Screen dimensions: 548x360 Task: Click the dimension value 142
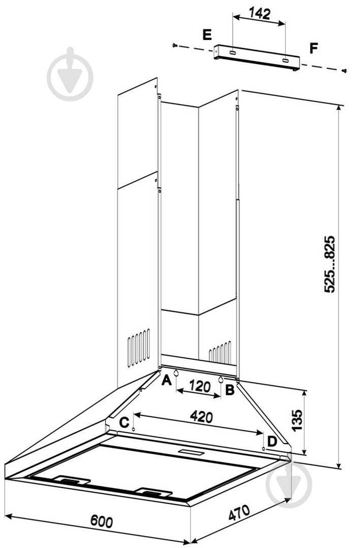(260, 14)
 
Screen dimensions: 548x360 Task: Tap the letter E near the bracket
(207, 35)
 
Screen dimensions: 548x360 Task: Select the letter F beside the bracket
(314, 49)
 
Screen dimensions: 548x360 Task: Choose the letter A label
(166, 380)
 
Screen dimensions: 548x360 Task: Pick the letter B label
(230, 390)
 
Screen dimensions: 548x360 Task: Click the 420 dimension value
(201, 417)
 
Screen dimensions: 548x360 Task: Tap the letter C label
(123, 422)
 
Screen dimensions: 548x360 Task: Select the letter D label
(272, 441)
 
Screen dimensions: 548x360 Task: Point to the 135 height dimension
(297, 420)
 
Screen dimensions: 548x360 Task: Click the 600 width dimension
(102, 521)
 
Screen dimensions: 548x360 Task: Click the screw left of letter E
(175, 46)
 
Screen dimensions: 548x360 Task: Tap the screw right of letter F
(344, 70)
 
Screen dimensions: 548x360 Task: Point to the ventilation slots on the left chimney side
(138, 348)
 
